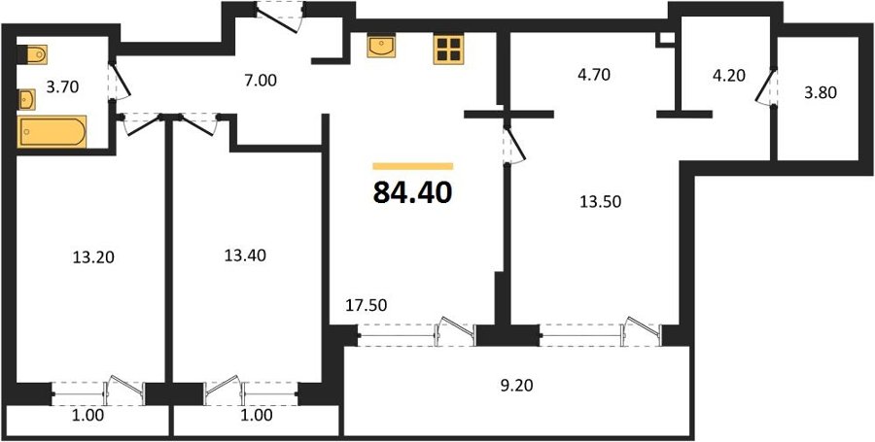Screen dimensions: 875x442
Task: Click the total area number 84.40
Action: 412,193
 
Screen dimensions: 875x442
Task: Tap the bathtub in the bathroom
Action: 52,131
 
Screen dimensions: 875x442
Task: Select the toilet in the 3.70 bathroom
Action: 32,54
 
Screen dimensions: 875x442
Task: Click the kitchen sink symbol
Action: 381,46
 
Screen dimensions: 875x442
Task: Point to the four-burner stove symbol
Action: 448,49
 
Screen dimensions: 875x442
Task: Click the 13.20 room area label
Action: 93,257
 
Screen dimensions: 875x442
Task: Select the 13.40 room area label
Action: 245,255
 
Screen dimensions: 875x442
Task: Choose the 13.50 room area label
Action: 601,201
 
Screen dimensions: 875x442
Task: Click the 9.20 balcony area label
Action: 516,385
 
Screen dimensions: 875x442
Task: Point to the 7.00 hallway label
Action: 261,81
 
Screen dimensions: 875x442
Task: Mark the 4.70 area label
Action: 594,74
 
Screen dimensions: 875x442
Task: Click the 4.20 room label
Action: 729,75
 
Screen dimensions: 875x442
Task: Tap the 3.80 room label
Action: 821,93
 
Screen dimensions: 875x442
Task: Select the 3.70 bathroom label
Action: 62,86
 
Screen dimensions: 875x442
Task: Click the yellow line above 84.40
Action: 413,166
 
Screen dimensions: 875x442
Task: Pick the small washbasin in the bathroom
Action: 26,100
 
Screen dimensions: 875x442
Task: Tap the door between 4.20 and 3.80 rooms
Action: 766,86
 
